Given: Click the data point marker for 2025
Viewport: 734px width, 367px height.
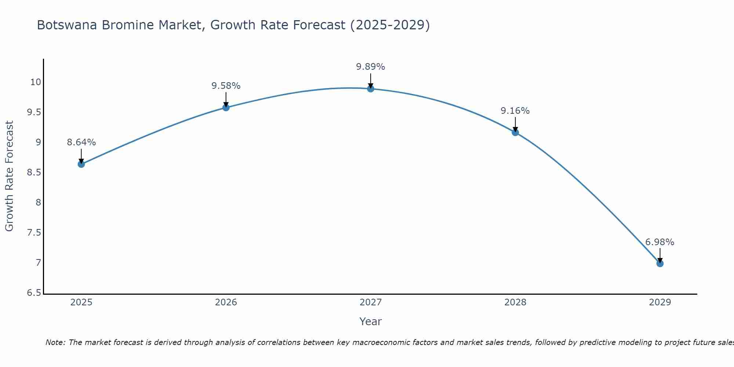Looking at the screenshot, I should point(81,164).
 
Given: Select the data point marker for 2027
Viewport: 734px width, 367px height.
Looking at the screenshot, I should point(371,88).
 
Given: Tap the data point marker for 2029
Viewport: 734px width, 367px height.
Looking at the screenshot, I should point(660,264).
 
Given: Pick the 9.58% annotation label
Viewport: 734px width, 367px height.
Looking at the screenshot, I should point(226,86).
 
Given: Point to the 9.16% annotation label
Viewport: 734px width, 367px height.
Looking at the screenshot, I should point(515,111).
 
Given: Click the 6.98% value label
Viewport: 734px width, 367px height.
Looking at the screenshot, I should point(659,242).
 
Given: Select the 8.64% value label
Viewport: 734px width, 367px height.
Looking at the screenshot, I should point(81,142).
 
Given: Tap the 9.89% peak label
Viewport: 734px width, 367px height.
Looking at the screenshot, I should point(370,67).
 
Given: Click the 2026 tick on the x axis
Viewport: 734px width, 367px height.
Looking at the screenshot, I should point(226,302).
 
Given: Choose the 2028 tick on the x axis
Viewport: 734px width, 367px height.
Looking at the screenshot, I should point(515,302).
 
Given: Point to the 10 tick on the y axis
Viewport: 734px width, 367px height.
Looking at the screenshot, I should point(36,82).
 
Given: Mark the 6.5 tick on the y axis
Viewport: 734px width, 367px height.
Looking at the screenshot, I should point(34,293).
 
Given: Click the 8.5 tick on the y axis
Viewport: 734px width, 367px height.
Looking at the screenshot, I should point(34,172).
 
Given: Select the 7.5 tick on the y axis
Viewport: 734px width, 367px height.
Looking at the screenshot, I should point(34,233).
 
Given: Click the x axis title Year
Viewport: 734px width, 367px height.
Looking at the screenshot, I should point(370,321).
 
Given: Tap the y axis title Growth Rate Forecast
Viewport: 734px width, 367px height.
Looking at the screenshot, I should point(9,176).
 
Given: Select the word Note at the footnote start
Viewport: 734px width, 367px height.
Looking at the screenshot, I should point(55,342).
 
